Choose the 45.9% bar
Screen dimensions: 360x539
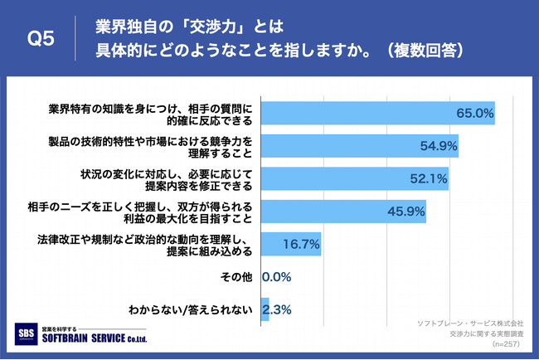343,211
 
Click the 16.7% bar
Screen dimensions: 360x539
290,244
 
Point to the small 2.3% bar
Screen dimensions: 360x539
265,309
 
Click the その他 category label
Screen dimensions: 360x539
232,276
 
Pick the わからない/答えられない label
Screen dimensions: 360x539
190,309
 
